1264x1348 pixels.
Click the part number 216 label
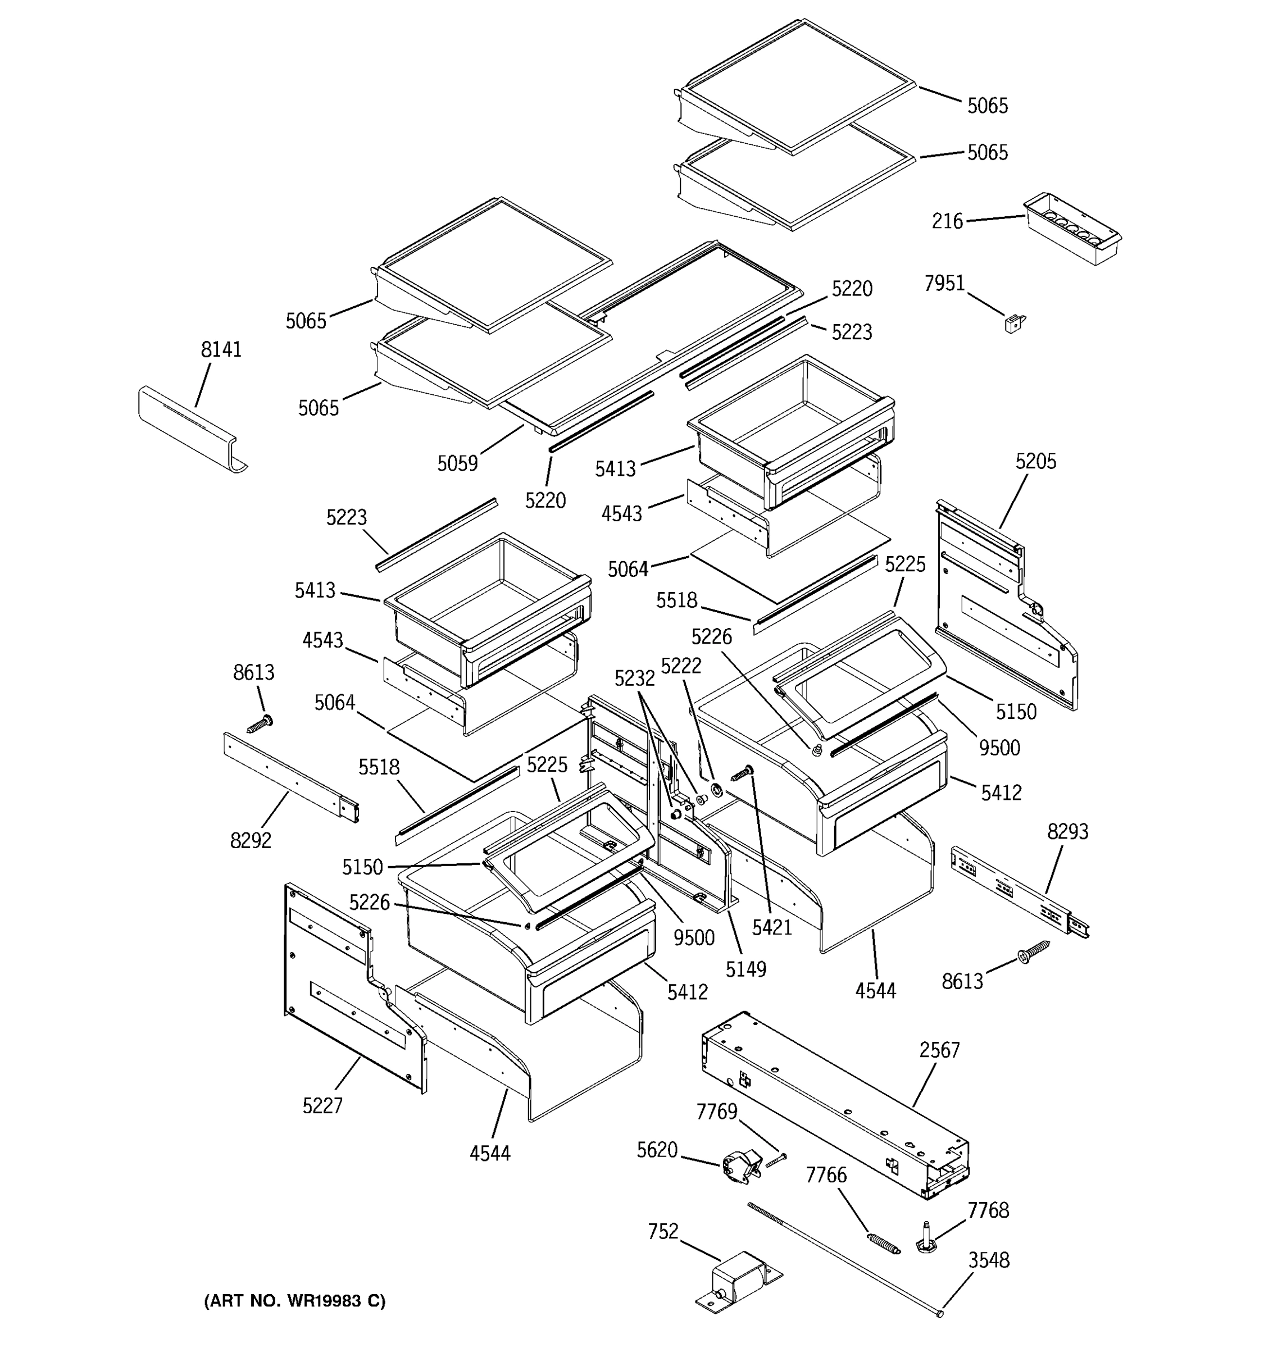click(947, 221)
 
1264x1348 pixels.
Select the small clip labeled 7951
click(1015, 324)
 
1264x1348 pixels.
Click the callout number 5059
click(457, 464)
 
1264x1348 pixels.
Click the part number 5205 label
click(1035, 461)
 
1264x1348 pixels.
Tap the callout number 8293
click(1067, 831)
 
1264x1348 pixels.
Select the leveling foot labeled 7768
click(924, 1237)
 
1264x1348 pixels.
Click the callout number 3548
click(989, 1260)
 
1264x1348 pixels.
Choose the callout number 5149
click(746, 969)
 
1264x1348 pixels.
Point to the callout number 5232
click(635, 677)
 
